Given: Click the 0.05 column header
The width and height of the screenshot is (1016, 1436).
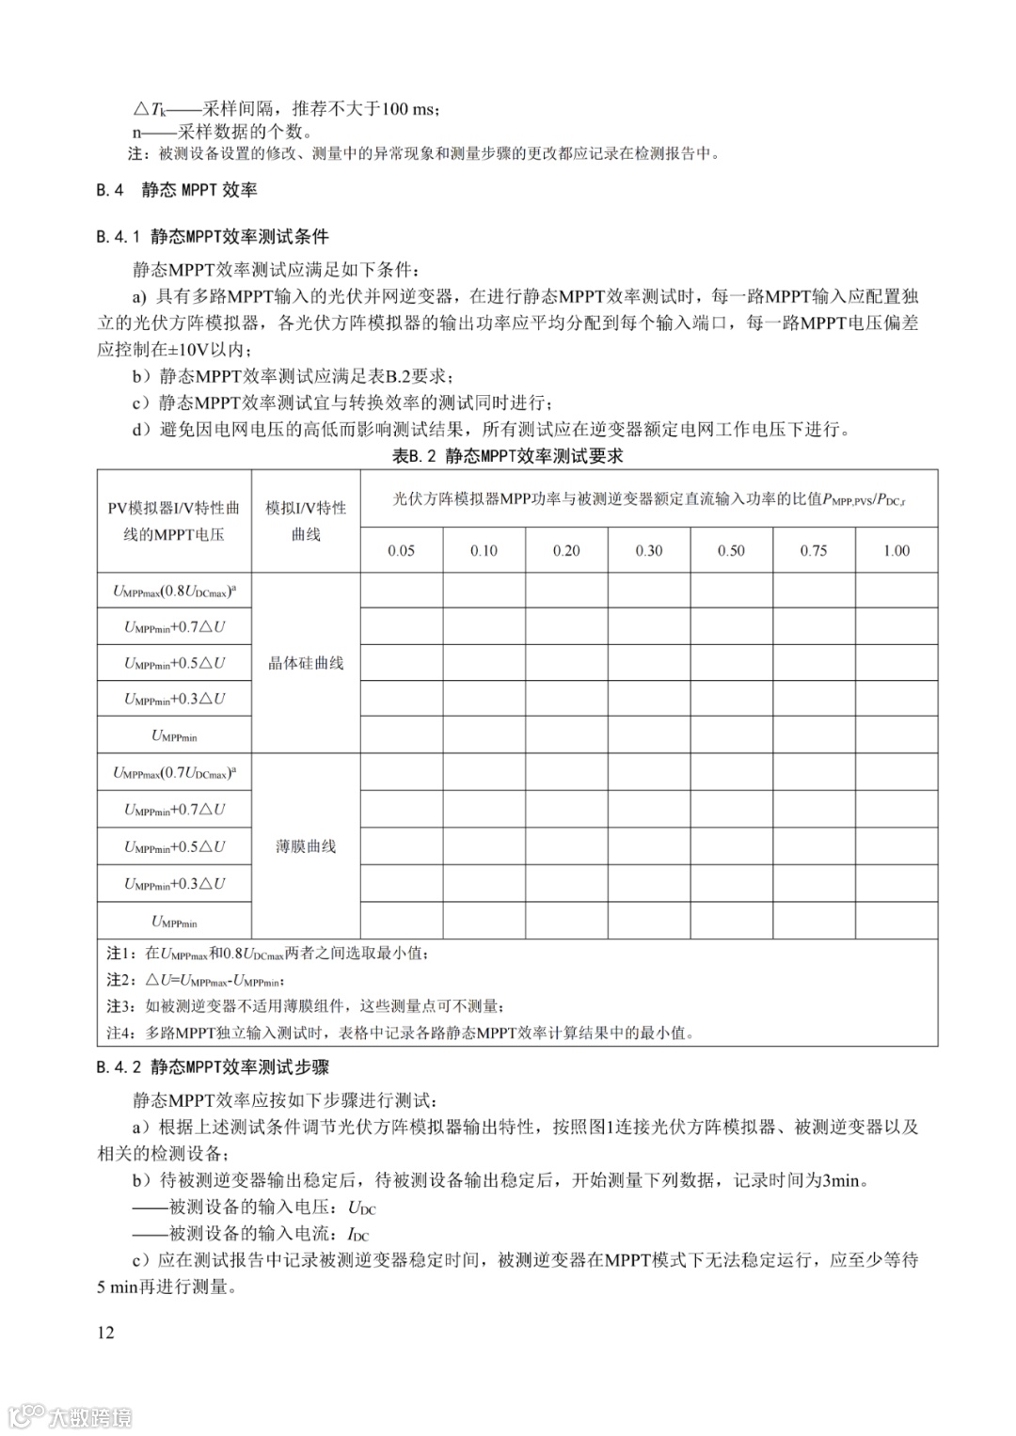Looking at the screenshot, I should (x=401, y=550).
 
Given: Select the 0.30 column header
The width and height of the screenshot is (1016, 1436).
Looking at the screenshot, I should (x=648, y=550).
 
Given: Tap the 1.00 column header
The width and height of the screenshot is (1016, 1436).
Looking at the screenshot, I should (x=896, y=550).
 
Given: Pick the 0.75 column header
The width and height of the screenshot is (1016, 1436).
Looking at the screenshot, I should (x=814, y=550).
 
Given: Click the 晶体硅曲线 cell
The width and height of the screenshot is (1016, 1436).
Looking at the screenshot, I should (x=306, y=663).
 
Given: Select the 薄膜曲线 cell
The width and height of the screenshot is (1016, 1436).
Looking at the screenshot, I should (x=306, y=846).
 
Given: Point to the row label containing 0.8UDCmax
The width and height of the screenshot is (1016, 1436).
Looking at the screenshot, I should (x=174, y=592).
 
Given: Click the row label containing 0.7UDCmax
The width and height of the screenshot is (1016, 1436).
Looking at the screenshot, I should (x=174, y=773).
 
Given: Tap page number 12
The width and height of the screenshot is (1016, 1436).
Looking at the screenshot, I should (x=105, y=1332).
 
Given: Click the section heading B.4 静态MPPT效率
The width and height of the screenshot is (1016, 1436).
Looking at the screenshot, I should (x=177, y=190).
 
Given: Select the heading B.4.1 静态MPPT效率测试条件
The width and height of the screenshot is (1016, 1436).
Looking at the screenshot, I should (x=213, y=237).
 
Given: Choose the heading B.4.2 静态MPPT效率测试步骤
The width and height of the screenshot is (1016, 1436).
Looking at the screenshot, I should (x=213, y=1067).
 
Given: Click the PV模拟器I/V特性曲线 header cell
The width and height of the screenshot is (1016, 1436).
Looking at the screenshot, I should (x=174, y=521).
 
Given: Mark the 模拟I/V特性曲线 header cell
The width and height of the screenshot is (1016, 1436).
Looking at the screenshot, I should (x=306, y=521).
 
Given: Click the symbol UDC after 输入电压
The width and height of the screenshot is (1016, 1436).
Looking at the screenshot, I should (x=361, y=1207).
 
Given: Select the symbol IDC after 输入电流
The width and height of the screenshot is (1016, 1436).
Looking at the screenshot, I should (x=358, y=1234).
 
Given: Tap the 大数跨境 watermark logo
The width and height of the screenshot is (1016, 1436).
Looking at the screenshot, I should (x=71, y=1416).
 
